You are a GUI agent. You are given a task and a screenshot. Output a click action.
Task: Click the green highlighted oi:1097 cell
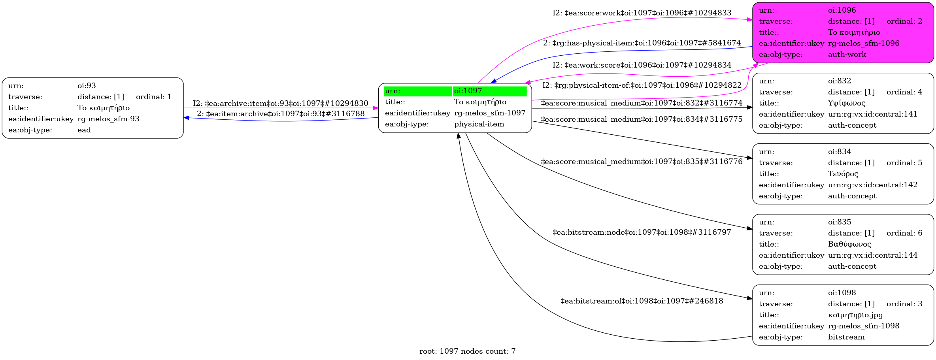489,91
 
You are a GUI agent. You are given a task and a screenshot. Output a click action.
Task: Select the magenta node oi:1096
843,32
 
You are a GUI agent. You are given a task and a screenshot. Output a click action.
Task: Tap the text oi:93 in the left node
87,86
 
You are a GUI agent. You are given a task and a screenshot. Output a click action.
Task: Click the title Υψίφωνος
847,103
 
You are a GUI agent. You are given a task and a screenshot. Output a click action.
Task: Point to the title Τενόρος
843,174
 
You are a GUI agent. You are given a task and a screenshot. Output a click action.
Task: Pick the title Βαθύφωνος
849,244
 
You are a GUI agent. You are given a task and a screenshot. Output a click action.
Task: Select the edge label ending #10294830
281,104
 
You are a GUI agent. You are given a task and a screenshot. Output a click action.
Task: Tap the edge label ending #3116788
281,114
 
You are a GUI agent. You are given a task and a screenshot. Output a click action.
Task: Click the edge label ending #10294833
642,13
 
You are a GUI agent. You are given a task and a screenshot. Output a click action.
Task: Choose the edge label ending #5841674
642,43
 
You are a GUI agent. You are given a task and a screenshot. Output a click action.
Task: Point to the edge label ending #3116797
642,232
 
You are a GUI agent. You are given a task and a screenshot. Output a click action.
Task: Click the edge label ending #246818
642,301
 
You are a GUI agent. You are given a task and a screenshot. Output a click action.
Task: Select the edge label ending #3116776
642,162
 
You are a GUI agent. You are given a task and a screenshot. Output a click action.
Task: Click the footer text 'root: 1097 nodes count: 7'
468,351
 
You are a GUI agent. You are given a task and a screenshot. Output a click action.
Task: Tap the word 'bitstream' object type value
846,337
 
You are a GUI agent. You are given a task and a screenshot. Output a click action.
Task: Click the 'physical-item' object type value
479,124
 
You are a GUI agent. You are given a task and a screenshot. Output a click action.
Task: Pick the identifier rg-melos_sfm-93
108,119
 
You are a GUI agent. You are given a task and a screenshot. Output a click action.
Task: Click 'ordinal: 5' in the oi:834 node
904,163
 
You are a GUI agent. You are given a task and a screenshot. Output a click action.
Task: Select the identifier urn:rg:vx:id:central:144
873,255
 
